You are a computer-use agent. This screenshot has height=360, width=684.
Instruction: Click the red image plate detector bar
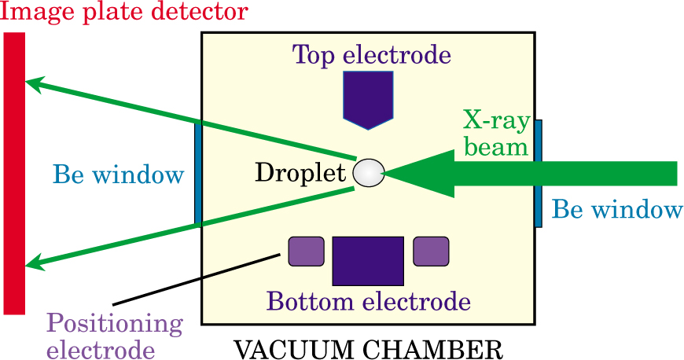[x=14, y=173]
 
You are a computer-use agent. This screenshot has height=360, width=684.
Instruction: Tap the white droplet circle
[x=368, y=173]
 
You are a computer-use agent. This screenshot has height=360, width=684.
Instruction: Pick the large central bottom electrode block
[x=368, y=260]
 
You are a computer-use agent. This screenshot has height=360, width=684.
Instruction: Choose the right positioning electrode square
[x=431, y=251]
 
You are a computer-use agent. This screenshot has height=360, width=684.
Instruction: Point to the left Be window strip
[x=198, y=173]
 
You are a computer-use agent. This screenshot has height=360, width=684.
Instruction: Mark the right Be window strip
[x=538, y=173]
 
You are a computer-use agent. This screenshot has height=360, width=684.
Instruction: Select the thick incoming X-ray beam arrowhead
[x=417, y=173]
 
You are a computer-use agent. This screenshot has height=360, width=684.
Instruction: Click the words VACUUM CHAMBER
[x=368, y=347]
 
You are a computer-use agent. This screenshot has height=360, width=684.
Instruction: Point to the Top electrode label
[x=371, y=55]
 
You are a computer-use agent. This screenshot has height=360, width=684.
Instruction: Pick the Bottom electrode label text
[x=368, y=301]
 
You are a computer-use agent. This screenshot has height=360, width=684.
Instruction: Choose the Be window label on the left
[x=118, y=174]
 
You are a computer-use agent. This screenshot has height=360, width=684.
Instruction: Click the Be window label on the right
[x=616, y=209]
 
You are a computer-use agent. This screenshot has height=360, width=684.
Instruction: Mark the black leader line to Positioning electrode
[x=197, y=279]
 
